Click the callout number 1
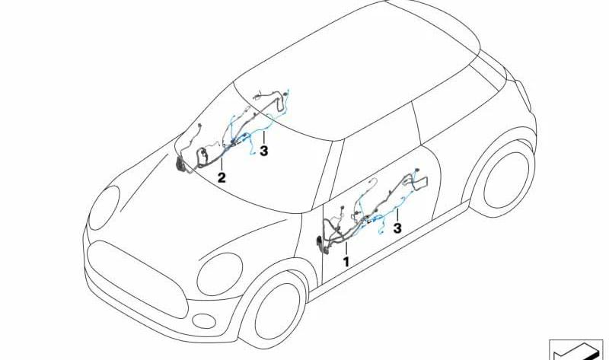click(346, 262)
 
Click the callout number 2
click(222, 178)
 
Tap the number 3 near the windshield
click(263, 151)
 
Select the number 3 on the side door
click(397, 228)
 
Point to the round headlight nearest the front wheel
click(220, 274)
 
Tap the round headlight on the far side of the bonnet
click(104, 207)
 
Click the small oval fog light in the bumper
click(204, 321)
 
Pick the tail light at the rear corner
click(523, 95)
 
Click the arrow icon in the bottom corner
click(576, 350)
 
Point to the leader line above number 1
click(346, 249)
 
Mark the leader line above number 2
click(222, 164)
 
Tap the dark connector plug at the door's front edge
click(320, 245)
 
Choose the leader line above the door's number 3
click(397, 215)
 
